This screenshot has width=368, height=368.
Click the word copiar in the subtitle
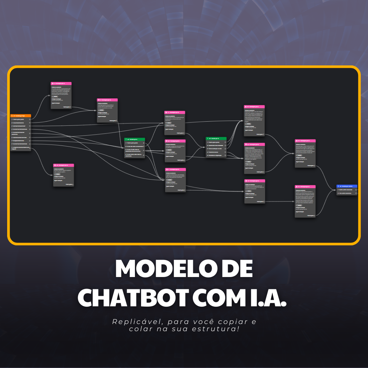[x=227, y=322]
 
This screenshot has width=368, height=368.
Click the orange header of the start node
[x=21, y=116]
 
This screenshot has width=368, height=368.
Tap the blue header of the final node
[x=347, y=186]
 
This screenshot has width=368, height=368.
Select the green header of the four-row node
[x=135, y=139]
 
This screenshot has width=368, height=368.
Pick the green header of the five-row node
[x=216, y=139]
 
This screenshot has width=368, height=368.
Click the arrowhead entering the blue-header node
[x=336, y=190]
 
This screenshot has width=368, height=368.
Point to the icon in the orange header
[x=13, y=116]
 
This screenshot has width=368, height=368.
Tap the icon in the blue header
[x=338, y=186]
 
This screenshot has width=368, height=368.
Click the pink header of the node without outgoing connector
[x=63, y=165]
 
